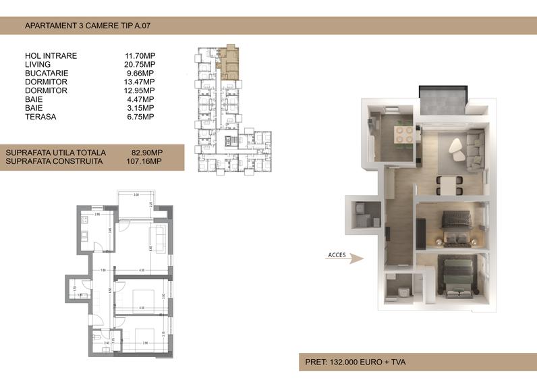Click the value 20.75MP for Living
tap(139, 64)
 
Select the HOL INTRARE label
tap(51, 55)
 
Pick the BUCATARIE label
tap(47, 73)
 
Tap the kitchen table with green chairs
tap(403, 133)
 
